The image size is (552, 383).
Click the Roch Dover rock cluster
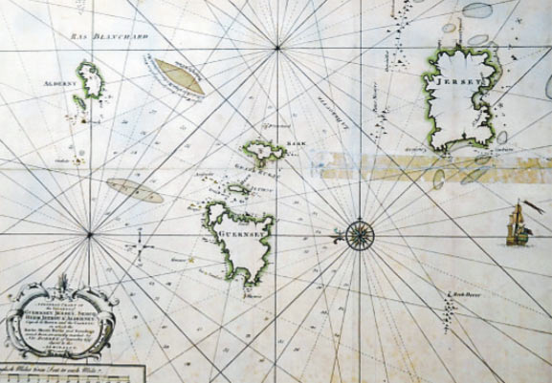click(x=449, y=306)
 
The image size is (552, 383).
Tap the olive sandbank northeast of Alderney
click(x=179, y=76)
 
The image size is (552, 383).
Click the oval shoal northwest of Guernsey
click(x=135, y=190)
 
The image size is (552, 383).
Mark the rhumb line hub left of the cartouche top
click(x=89, y=234)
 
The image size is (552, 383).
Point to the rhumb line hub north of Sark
click(x=277, y=47)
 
